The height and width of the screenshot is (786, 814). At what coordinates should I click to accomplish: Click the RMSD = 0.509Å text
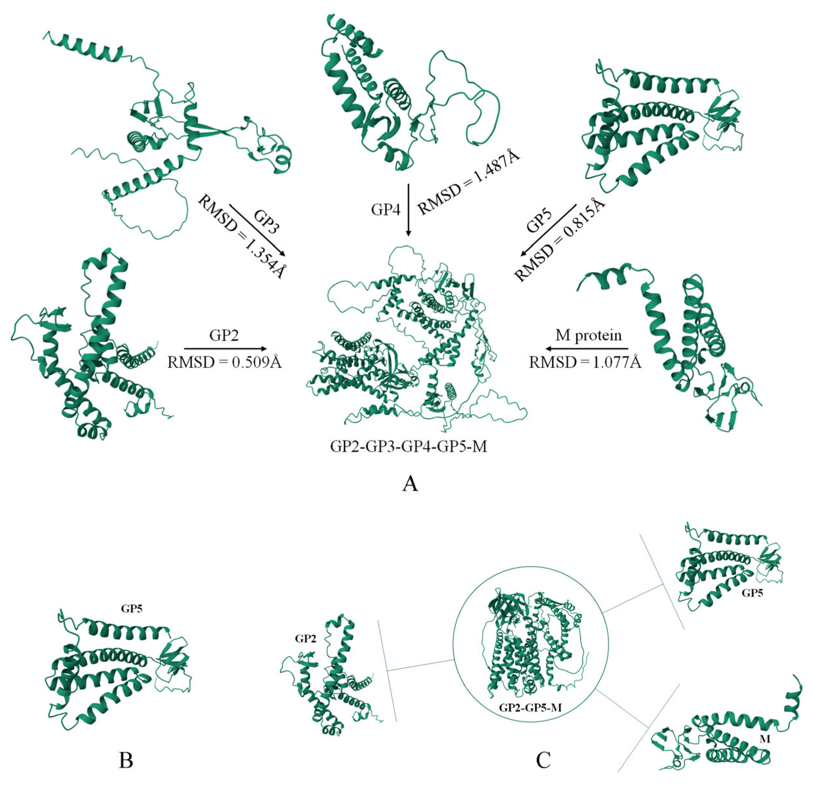coord(225,363)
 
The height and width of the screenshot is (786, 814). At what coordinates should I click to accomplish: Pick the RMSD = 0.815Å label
coord(559,241)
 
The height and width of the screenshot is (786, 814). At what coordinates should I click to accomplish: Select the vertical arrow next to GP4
coord(408,210)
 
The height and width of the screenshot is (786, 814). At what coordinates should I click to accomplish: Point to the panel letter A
coord(410,484)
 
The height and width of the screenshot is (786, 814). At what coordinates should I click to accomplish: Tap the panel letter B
coord(126,761)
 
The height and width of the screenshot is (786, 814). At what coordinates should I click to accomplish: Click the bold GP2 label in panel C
coord(306,639)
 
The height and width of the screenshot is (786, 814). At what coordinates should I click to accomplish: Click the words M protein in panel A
coord(588,335)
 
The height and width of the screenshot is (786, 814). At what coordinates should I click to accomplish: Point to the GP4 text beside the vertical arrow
coord(386,210)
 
